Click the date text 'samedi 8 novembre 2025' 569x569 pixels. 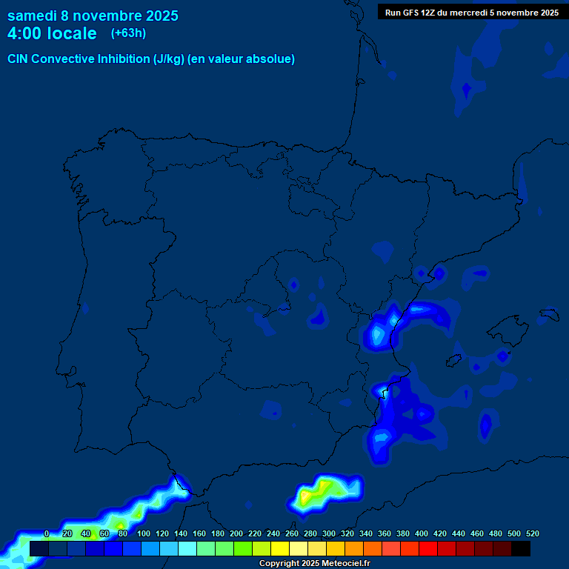[x=93, y=16]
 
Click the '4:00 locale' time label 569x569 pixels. [x=52, y=33]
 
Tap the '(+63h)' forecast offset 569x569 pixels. [x=128, y=33]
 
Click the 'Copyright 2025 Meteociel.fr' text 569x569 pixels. [x=314, y=564]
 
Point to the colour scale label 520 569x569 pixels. [x=532, y=533]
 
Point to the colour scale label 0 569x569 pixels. [x=47, y=533]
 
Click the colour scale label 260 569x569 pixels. [x=291, y=533]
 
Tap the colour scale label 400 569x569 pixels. [x=422, y=533]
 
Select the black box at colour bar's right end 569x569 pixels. [x=521, y=549]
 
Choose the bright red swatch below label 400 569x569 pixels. [x=428, y=549]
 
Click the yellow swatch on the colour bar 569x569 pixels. [x=280, y=549]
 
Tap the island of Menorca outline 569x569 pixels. [x=548, y=314]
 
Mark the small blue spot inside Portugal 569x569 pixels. [x=85, y=307]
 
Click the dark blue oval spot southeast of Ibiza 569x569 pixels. [x=485, y=425]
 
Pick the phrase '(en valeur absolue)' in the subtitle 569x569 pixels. [x=242, y=59]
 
